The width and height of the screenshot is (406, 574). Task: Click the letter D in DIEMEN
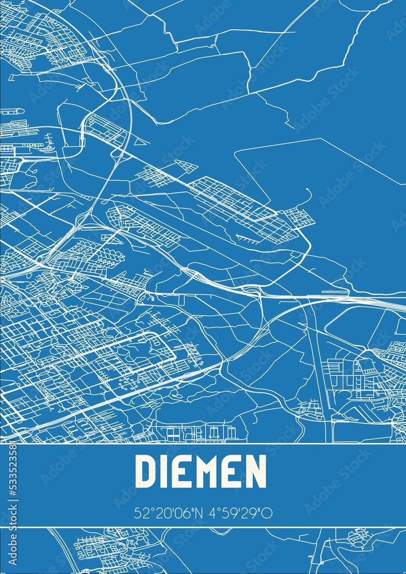click(146, 471)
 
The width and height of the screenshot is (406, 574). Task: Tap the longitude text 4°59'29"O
click(239, 513)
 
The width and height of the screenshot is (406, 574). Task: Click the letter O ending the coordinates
click(268, 513)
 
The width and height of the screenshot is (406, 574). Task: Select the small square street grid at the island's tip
click(299, 218)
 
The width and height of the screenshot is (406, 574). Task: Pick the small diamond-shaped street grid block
click(186, 166)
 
